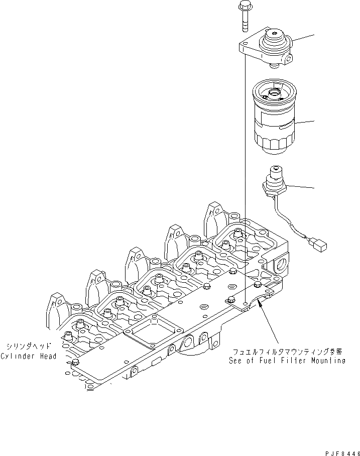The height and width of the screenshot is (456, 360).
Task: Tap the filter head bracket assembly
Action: [x=267, y=48]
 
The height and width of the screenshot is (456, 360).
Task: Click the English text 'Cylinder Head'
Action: [x=29, y=356]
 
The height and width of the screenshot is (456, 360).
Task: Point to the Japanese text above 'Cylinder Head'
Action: [x=29, y=346]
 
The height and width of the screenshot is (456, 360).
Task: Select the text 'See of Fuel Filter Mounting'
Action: [x=287, y=361]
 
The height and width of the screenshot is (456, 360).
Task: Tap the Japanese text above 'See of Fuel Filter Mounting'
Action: [x=288, y=352]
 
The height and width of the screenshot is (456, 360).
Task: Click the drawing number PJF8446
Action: [x=342, y=453]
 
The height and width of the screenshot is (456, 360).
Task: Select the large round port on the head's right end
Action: [x=282, y=265]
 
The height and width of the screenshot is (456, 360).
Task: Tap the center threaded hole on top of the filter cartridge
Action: [x=274, y=93]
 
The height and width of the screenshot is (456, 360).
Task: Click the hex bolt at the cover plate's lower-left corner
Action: [x=75, y=362]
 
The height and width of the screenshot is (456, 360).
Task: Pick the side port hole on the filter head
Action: [x=289, y=61]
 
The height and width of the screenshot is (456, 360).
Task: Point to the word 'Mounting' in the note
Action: [x=328, y=361]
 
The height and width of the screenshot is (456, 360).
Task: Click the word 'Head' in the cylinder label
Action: [x=48, y=356]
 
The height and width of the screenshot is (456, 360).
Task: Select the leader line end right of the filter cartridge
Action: [x=314, y=121]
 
